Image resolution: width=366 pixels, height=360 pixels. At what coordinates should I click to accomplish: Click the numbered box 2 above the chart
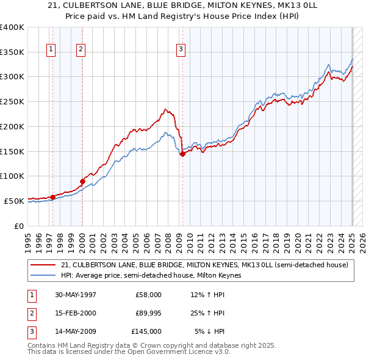coord(81,50)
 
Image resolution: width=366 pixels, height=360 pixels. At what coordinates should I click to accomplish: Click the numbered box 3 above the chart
coord(181,50)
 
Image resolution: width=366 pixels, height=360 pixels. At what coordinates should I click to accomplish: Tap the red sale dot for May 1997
coord(53,196)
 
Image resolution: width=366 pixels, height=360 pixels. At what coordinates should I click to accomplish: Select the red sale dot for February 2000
coord(82,181)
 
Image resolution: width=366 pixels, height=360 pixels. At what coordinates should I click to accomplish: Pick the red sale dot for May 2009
coord(182,154)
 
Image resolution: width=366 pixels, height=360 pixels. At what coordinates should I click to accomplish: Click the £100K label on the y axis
coord(12,176)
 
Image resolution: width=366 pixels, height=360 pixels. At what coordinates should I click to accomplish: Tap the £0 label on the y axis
coord(18,225)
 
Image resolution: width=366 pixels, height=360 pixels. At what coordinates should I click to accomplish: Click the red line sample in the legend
coord(43,265)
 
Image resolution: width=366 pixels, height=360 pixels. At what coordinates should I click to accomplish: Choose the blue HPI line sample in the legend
coord(43,275)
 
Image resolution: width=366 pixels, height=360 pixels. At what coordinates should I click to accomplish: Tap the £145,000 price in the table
coord(146,331)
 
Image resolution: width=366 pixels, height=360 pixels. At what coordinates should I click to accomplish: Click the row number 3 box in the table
coord(30,331)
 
